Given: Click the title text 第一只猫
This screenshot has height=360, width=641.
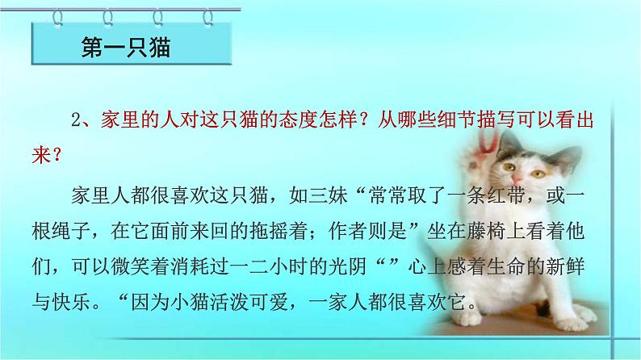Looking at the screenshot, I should [128, 48].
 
